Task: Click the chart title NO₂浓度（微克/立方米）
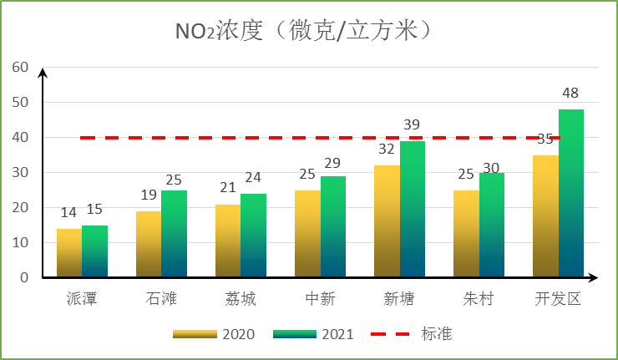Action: click(307, 31)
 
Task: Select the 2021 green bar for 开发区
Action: click(571, 193)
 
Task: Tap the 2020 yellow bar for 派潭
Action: click(69, 252)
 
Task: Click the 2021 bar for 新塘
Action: click(413, 209)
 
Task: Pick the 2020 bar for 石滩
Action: click(149, 244)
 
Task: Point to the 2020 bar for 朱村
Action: click(466, 233)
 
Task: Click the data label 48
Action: click(570, 93)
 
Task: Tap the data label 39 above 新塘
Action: click(412, 124)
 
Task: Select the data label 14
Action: click(69, 213)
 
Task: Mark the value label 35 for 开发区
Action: click(545, 139)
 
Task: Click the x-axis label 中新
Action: click(320, 298)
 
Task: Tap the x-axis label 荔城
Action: click(241, 298)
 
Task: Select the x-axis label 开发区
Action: click(558, 298)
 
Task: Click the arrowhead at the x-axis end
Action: click(593, 277)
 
